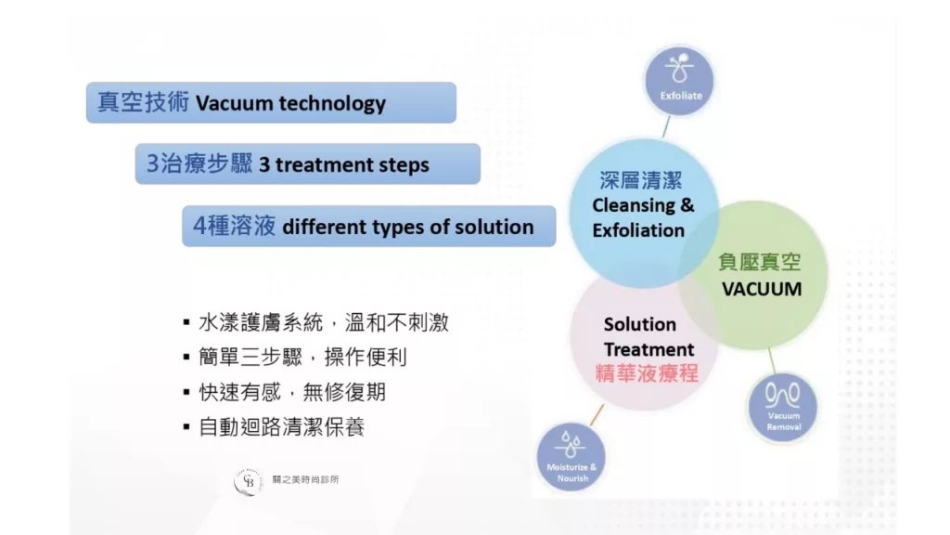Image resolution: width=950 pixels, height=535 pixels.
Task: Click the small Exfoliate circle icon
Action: [x=679, y=81]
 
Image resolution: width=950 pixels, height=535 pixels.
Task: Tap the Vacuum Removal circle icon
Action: [x=782, y=407]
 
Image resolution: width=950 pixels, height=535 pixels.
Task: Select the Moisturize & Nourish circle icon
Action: [x=571, y=457]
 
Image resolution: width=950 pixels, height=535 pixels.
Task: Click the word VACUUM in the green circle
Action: [x=762, y=289]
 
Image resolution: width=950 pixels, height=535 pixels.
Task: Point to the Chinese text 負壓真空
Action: [x=760, y=262]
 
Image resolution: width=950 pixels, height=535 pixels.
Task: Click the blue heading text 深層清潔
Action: [x=641, y=180]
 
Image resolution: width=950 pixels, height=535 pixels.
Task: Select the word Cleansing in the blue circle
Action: [x=633, y=205]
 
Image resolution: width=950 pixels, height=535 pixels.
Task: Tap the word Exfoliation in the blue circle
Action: [x=638, y=230]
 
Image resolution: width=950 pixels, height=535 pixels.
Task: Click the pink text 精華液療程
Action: [x=647, y=373]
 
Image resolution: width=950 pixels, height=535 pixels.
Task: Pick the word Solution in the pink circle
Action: [x=640, y=324]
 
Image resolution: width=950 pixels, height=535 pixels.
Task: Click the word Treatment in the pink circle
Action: [x=648, y=349]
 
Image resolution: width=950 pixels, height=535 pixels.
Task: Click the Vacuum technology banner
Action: [x=271, y=102]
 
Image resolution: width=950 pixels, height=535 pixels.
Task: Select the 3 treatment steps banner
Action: [x=308, y=163]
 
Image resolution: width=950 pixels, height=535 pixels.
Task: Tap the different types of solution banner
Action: [x=369, y=227]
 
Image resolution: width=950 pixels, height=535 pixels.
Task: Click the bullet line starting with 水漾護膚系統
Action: [x=316, y=322]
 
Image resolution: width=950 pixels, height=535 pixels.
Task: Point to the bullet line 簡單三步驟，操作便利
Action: [x=295, y=358]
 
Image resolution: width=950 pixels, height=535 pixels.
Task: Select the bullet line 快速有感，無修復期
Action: [x=284, y=393]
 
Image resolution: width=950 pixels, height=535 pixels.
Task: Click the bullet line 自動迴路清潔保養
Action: [x=274, y=427]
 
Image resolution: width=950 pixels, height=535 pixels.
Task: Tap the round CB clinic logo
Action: [x=249, y=482]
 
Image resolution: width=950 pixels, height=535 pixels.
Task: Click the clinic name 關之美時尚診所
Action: [x=305, y=480]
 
